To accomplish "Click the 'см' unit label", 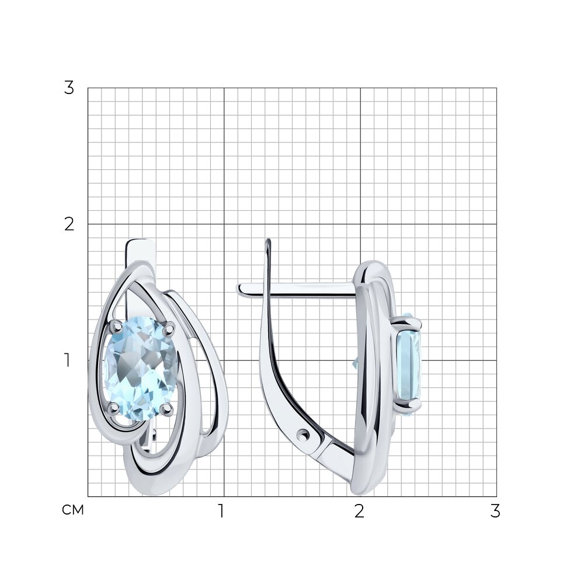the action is point(73,510).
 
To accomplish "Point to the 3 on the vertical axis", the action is point(69,88).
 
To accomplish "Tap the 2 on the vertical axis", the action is point(69,224).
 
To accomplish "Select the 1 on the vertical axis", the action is point(67,360).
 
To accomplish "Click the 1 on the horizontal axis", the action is point(221,511).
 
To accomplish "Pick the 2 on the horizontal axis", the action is point(359,511).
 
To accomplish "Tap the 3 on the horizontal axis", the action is point(495,511).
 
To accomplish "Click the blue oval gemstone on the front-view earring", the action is point(140,369).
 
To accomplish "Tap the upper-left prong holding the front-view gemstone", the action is point(117,326).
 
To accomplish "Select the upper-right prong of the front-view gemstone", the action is point(169,328).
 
